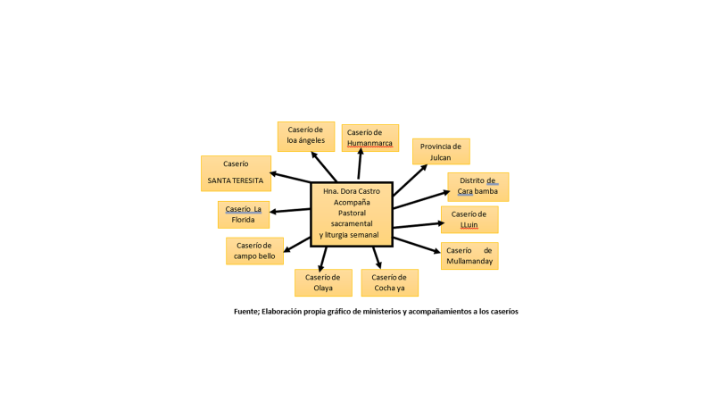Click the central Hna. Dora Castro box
352,214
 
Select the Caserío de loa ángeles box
305,137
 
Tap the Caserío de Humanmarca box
369,138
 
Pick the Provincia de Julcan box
440,151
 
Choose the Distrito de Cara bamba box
477,187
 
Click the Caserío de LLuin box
469,220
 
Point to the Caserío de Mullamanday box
469,255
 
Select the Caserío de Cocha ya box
389,282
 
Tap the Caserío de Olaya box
323,282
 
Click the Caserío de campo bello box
254,251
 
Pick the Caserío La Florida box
243,214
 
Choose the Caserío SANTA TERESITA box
236,173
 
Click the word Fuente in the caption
247,312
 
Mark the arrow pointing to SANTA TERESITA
290,176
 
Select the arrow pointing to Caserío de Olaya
322,257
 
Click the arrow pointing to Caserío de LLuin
418,225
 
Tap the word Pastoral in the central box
352,214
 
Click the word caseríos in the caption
501,312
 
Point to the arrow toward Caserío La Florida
290,211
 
